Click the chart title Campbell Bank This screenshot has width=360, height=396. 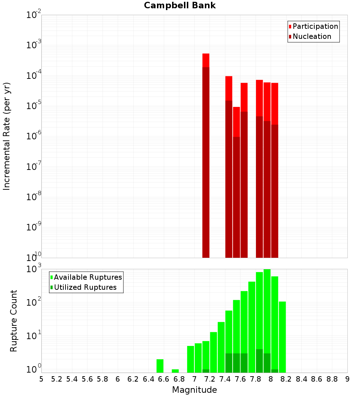[180, 5]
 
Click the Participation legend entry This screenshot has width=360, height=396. [315, 26]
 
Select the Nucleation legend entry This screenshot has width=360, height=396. [312, 36]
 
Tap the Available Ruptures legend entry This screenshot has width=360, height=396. [87, 277]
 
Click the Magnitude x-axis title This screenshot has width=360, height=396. [194, 390]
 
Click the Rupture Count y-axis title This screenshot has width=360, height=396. [14, 320]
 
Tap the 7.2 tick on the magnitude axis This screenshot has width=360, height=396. [210, 379]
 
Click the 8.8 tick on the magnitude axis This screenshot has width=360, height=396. [332, 379]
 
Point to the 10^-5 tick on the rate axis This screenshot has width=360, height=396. [34, 106]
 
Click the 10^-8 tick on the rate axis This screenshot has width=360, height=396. [34, 197]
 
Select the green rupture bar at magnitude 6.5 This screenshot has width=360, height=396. [160, 366]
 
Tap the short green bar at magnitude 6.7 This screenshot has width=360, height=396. [175, 371]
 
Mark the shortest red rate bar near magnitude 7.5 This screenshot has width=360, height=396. [237, 180]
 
